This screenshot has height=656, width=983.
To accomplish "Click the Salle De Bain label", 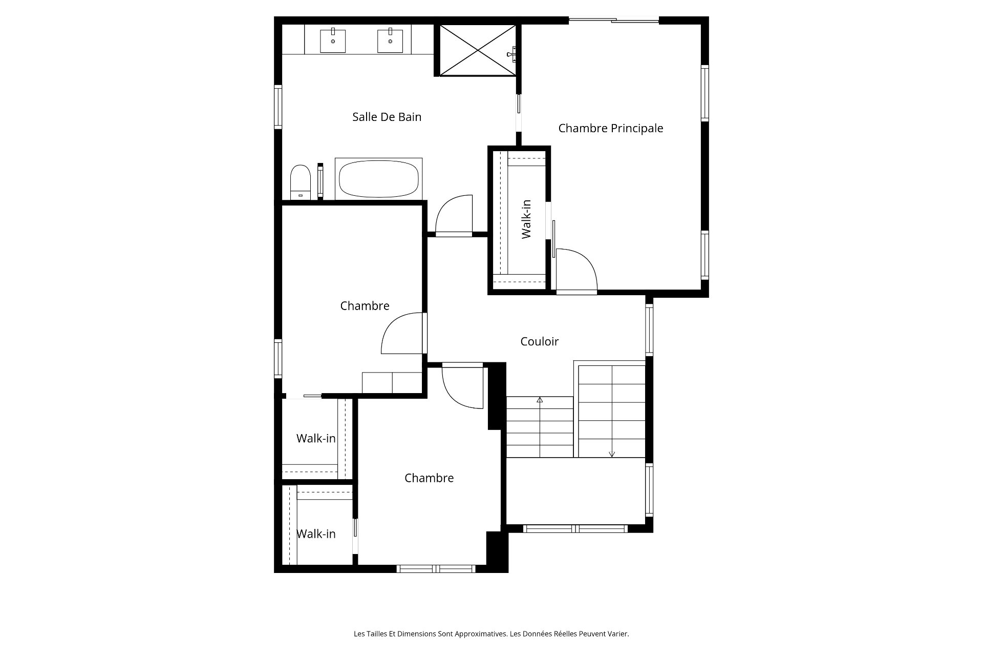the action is [x=387, y=117].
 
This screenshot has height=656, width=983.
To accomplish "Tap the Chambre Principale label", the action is [x=610, y=128].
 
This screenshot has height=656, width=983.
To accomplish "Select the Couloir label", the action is [x=539, y=341].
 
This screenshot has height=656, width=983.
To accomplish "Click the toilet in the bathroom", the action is [x=301, y=181].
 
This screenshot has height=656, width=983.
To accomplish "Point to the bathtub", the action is [x=379, y=179].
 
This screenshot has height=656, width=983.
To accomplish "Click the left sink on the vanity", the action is [x=333, y=40].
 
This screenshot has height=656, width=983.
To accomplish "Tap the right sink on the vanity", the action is [x=390, y=40].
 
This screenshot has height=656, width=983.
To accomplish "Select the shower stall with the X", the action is [x=478, y=50].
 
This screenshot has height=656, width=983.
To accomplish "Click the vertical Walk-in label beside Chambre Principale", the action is [x=526, y=219].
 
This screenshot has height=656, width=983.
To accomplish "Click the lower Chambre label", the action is [x=429, y=478].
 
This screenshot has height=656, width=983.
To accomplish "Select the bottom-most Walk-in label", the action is [x=316, y=534].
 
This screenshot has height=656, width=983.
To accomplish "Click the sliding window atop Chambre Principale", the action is [x=614, y=20].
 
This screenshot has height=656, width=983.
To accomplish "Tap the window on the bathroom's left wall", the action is [x=278, y=107].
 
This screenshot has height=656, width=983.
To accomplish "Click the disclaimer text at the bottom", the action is [x=491, y=634].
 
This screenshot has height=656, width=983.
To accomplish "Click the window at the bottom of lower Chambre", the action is [x=436, y=568].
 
